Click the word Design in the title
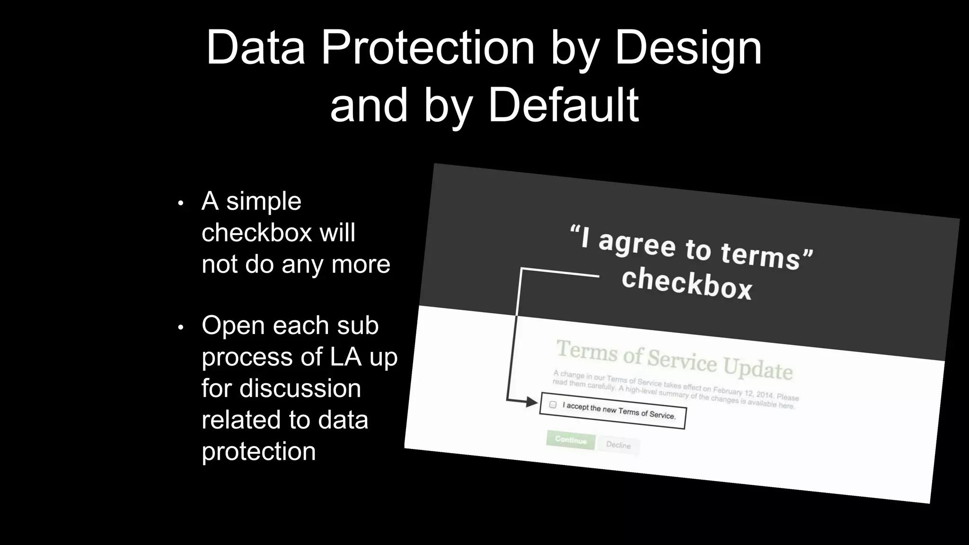point(688,49)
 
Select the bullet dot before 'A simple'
point(180,203)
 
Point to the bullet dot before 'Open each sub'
point(180,327)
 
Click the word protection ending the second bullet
point(258,451)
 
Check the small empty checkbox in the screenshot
point(553,404)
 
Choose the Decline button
point(618,445)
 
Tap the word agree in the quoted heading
point(637,244)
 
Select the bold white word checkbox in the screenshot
point(687,283)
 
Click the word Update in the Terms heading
point(758,368)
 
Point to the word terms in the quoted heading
point(760,256)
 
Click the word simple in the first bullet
point(264,201)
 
